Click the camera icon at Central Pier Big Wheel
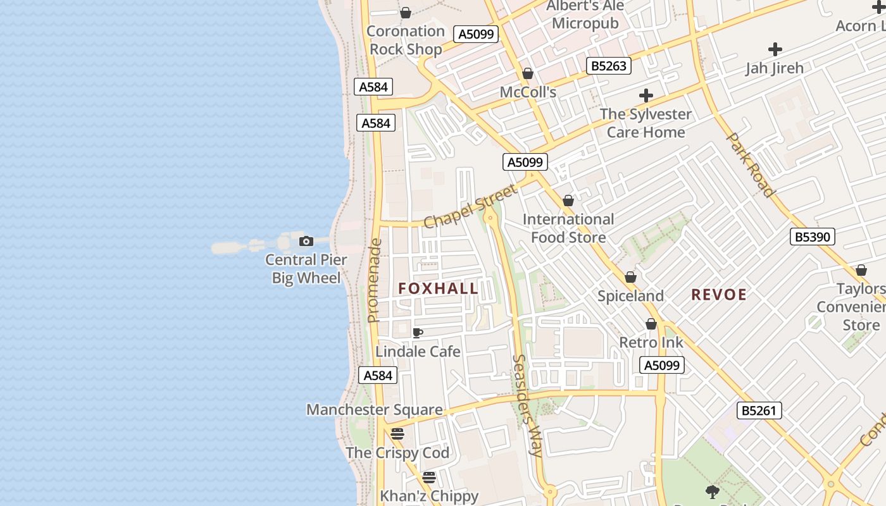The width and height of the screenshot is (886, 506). [306, 241]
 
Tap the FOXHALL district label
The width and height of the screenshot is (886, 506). [438, 288]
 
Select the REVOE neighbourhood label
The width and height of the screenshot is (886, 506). [719, 295]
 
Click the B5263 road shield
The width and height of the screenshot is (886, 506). [609, 66]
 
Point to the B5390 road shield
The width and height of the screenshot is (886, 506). [813, 237]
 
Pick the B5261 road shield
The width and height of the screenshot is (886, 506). [759, 410]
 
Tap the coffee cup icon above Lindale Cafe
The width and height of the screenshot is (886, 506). [418, 333]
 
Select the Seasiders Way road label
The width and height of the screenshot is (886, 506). [527, 405]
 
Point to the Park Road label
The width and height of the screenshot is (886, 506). [751, 164]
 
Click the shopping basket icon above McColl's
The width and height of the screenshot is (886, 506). [528, 74]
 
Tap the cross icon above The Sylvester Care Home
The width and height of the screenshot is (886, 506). [646, 96]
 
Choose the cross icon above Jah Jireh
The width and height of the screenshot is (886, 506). [775, 49]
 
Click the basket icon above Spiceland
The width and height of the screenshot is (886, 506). [630, 277]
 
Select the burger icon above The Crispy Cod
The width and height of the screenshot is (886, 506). [397, 434]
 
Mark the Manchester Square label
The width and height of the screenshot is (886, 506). [375, 409]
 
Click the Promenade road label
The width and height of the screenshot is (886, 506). [374, 280]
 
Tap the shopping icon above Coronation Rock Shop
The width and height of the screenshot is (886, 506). [406, 13]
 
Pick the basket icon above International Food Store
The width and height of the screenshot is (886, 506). [568, 201]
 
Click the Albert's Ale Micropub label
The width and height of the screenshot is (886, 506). [585, 15]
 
